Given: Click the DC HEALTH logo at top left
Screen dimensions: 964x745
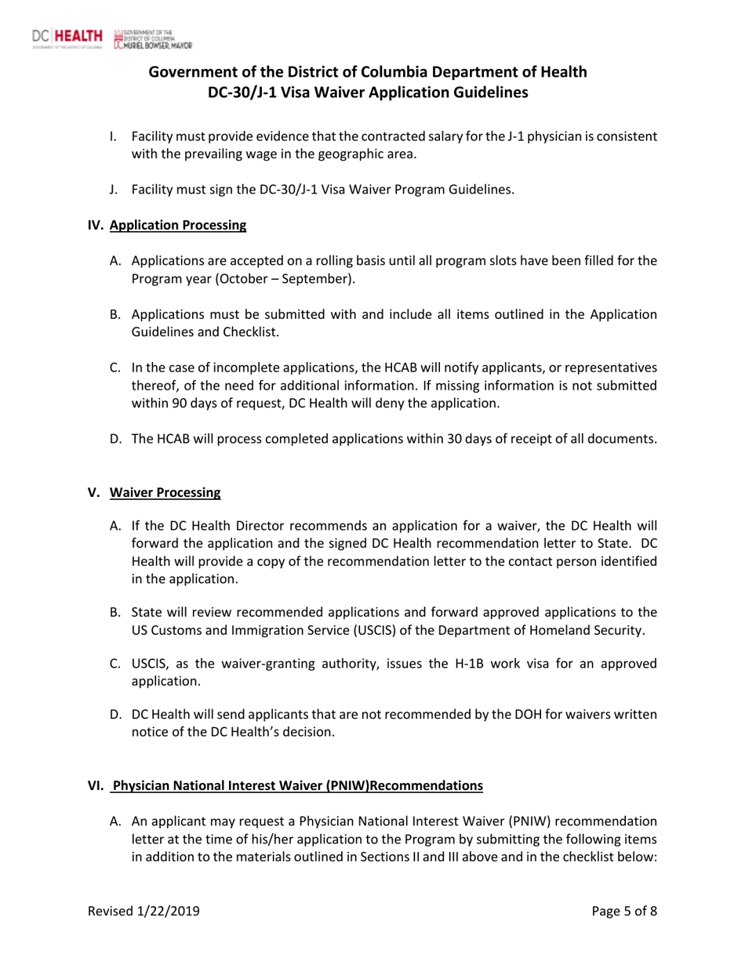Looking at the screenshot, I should click(x=68, y=37).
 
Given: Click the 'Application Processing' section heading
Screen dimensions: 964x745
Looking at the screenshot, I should click(x=178, y=226).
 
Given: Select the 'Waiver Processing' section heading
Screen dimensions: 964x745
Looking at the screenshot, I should click(x=165, y=492).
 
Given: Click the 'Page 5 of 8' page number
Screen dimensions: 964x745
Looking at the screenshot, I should click(x=625, y=911).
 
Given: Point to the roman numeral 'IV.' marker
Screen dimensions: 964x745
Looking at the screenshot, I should click(x=95, y=226).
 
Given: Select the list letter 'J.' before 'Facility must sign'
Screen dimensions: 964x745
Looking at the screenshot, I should click(x=115, y=189).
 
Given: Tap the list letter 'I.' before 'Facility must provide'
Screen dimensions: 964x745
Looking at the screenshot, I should click(x=114, y=137).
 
